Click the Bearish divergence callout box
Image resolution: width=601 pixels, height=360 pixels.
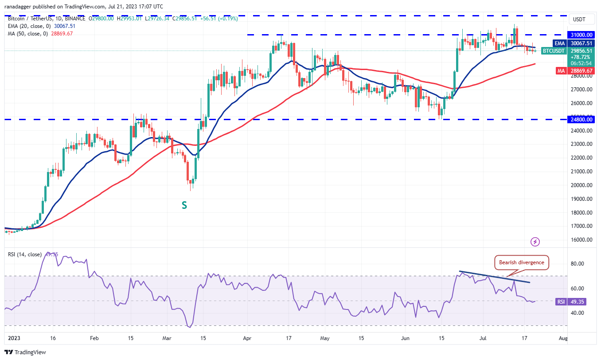pos(521,262)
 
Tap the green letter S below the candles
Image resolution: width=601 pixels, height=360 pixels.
pos(183,205)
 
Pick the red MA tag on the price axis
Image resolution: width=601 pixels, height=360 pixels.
pos(560,70)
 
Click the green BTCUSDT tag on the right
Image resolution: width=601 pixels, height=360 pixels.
pos(554,51)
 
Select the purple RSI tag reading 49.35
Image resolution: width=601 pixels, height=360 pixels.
pos(561,301)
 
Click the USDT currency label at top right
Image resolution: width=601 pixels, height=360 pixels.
pos(579,20)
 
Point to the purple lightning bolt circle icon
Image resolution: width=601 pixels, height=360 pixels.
pos(535,242)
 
